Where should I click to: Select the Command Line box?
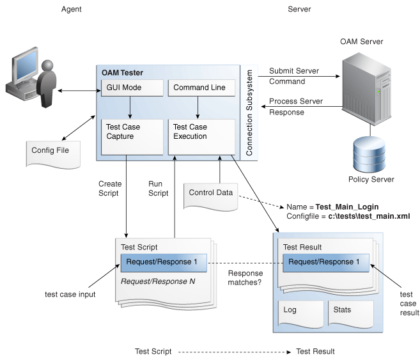(x=198, y=88)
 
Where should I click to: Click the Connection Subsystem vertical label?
(x=250, y=113)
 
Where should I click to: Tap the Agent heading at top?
(x=71, y=10)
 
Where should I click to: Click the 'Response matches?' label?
(x=245, y=276)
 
